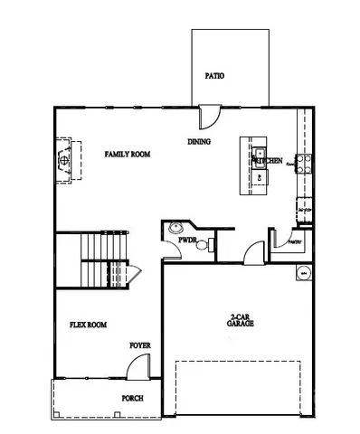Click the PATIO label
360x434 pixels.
214,76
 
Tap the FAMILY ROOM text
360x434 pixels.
127,155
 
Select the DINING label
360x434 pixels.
199,142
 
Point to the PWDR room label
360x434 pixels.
187,241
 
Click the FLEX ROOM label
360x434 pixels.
89,325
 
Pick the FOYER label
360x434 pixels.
139,344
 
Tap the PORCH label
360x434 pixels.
132,398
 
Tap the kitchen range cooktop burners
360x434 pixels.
303,164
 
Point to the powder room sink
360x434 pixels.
176,229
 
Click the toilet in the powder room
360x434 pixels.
210,243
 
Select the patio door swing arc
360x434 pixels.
209,118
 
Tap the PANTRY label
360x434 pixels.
294,242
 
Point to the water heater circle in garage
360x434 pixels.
303,272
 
